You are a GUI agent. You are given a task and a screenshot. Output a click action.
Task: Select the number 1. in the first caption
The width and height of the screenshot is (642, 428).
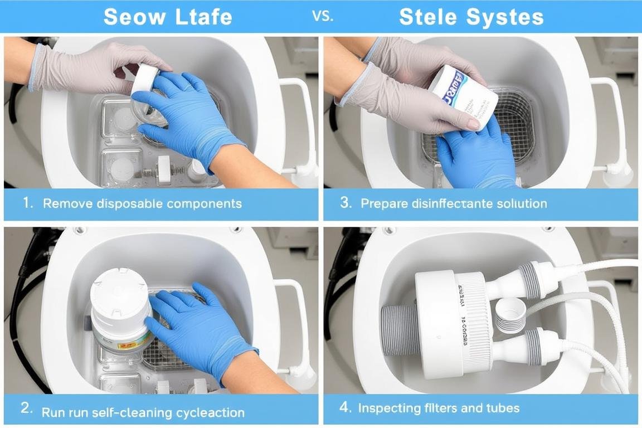[x=28, y=203]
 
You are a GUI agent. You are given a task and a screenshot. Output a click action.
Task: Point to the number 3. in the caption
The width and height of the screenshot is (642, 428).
[x=346, y=203]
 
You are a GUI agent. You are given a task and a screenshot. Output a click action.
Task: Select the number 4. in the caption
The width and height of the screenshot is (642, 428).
[x=346, y=407]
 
